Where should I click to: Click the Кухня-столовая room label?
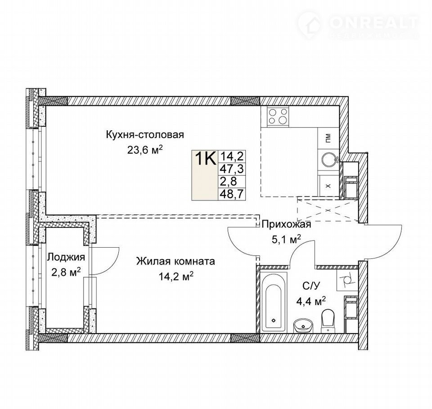[145, 135]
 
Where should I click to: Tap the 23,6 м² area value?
[145, 150]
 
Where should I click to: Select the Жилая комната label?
[175, 261]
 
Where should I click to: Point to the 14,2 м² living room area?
[175, 276]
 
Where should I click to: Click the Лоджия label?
[66, 258]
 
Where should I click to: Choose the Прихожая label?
[286, 225]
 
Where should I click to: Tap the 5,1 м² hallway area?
[286, 240]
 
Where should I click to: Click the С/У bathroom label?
[311, 286]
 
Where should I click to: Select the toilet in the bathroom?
[328, 320]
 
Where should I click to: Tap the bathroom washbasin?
[303, 325]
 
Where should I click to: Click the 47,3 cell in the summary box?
[231, 169]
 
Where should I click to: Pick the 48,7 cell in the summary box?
[231, 194]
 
